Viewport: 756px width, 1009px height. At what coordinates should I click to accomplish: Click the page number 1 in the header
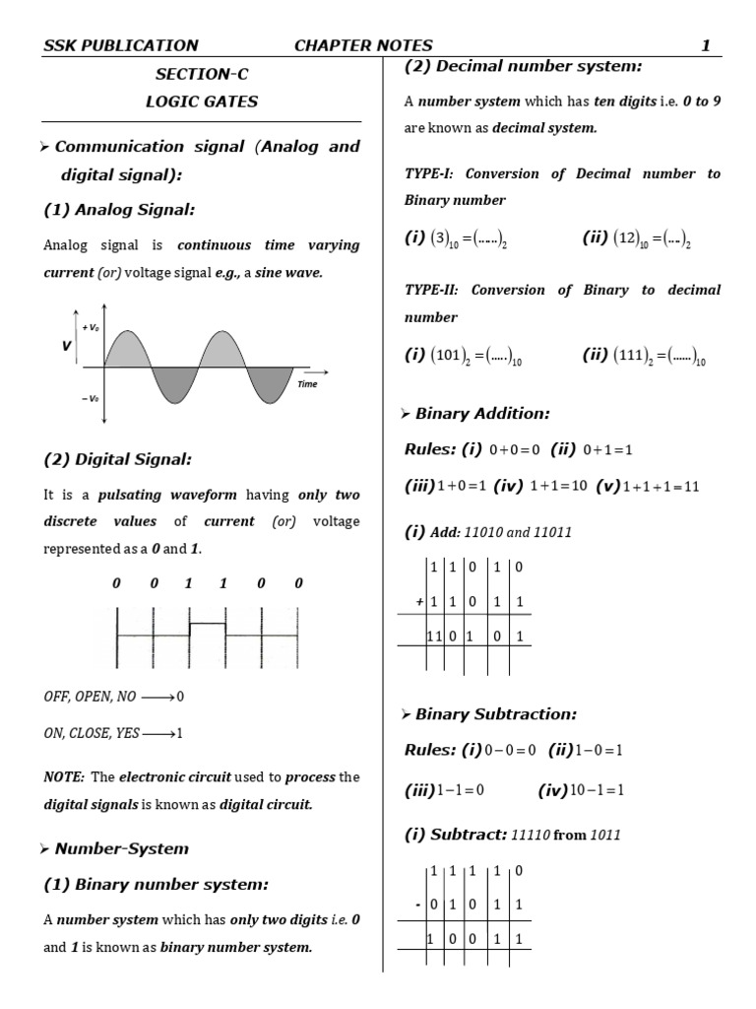click(x=705, y=45)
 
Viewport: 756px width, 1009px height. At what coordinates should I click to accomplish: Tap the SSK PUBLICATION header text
click(x=121, y=45)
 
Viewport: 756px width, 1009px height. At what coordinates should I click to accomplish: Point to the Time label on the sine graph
click(x=307, y=384)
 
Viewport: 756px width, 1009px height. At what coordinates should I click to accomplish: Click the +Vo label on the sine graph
click(x=91, y=326)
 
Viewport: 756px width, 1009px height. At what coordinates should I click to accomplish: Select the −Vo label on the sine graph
click(x=90, y=398)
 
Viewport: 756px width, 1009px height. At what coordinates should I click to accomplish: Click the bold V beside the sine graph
click(x=67, y=347)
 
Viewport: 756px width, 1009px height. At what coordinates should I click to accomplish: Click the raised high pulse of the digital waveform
click(x=207, y=624)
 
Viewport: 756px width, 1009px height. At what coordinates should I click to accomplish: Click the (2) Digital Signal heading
click(x=118, y=458)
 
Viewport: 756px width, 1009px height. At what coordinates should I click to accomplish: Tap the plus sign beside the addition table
click(x=418, y=600)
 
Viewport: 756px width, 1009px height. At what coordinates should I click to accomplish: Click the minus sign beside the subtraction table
click(x=417, y=904)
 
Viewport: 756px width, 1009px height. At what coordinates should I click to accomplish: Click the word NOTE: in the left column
click(x=64, y=776)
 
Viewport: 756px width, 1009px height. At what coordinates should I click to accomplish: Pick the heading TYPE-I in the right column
click(x=428, y=173)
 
